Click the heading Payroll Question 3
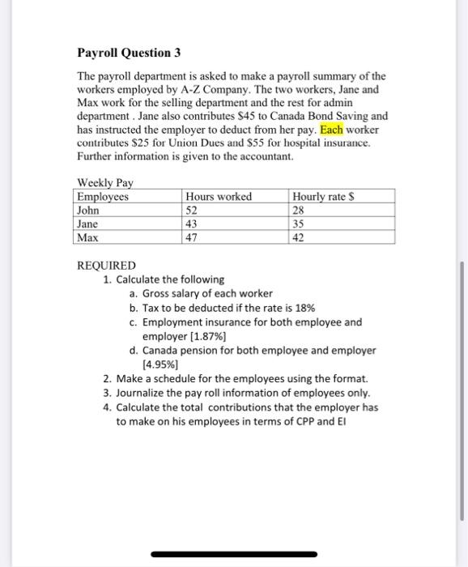coord(129,53)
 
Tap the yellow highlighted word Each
coord(332,130)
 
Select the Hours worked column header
coord(219,197)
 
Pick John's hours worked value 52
coord(193,211)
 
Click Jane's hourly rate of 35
coord(300,224)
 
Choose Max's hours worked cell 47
coord(193,238)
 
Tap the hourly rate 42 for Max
coord(300,238)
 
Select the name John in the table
coord(88,211)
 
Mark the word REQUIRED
coord(106,266)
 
